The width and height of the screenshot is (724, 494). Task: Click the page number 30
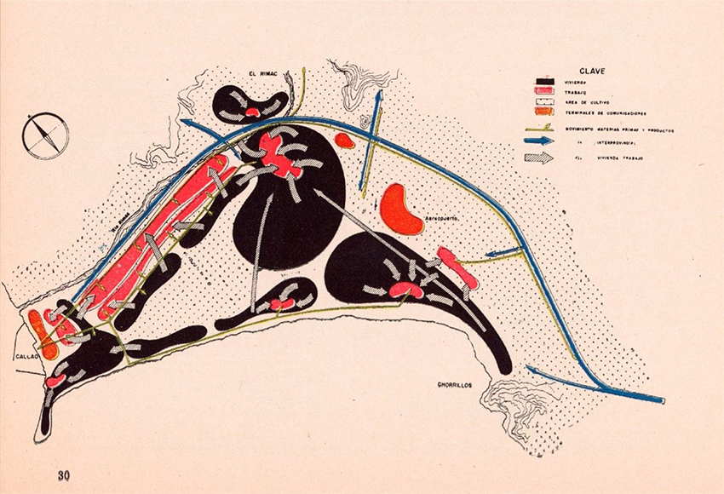64,475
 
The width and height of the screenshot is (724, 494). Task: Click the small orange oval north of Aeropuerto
345,141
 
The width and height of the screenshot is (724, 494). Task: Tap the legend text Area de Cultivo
589,103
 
